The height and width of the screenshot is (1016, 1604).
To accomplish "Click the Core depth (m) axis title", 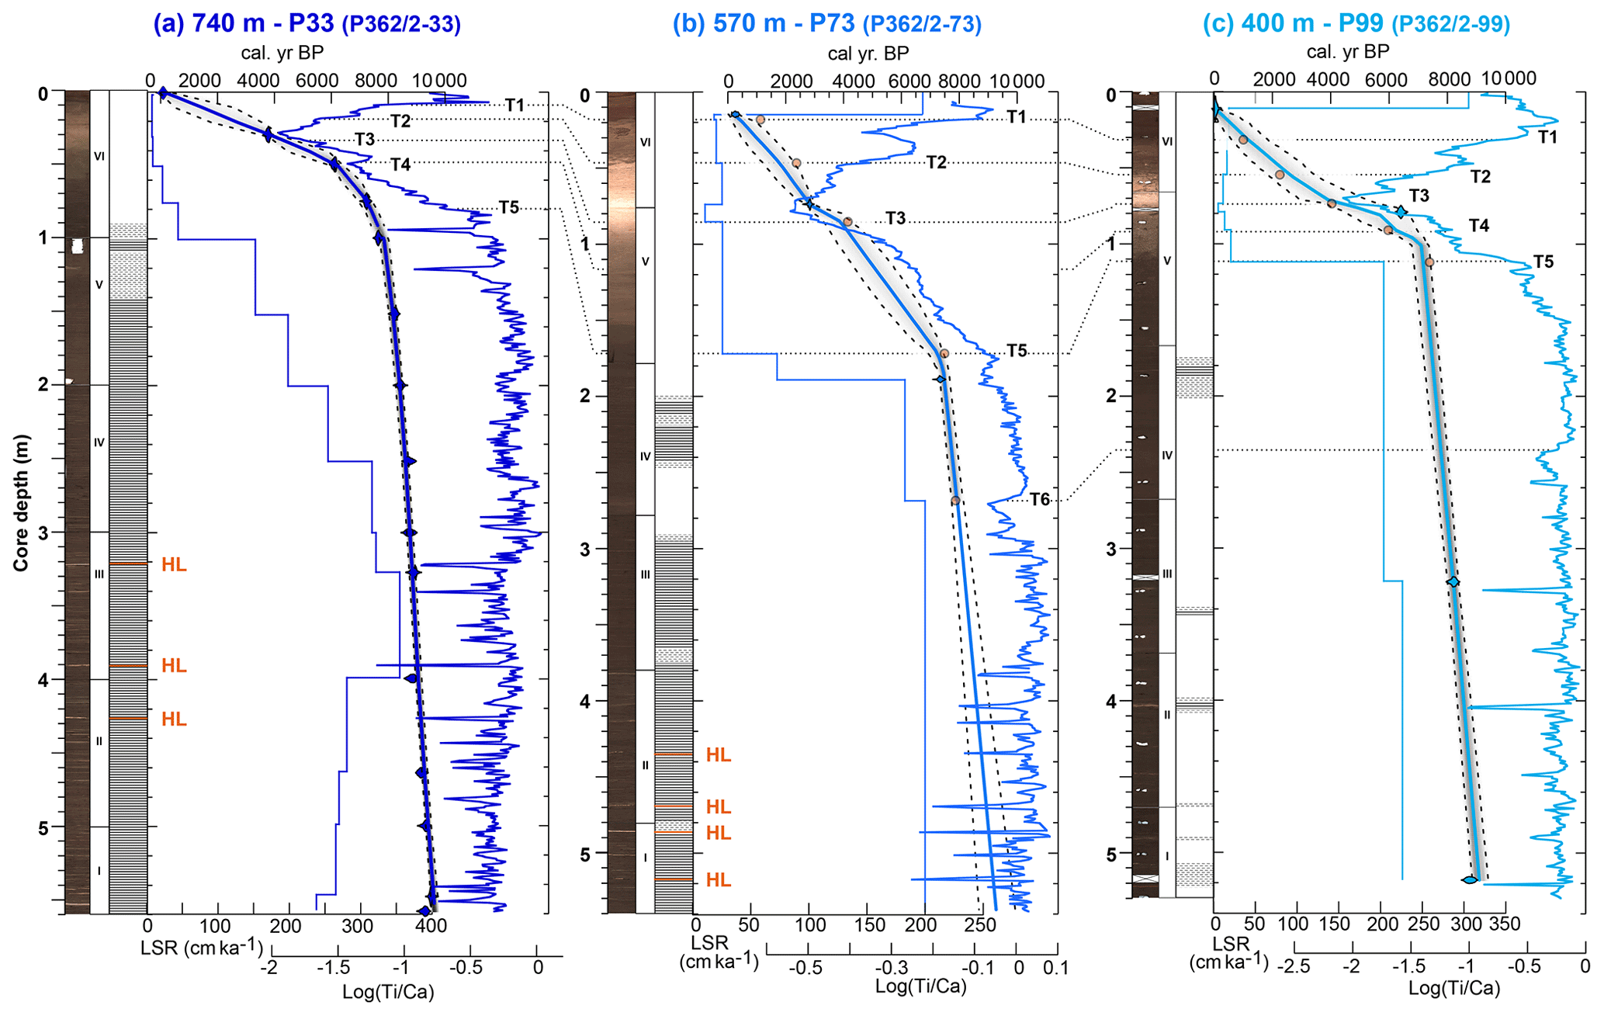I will pos(21,503).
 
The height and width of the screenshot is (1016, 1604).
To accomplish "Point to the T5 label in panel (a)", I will pos(508,207).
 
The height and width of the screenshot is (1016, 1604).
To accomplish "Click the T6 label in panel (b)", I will pos(1039,500).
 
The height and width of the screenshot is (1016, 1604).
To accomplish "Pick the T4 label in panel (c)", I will pos(1478,226).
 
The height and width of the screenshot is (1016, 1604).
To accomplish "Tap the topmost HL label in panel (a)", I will pos(174,565).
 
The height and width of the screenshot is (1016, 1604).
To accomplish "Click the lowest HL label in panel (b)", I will pos(718,880).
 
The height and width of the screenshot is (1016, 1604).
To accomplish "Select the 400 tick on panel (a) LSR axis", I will pos(430,925).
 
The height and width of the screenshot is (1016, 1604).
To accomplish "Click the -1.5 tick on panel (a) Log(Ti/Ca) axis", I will pos(337,968).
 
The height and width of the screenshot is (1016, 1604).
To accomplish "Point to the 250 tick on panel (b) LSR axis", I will pos(979,925).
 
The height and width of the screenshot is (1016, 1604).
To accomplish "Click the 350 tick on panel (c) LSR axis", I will pos(1505,924).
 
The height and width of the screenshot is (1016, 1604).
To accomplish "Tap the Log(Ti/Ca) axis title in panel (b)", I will pos(920,987).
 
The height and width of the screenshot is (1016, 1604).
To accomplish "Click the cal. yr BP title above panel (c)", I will pos(1347,52).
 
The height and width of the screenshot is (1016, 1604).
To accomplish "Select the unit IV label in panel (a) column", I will pos(99,442).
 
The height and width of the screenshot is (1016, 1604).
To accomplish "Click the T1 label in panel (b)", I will pos(1017,117).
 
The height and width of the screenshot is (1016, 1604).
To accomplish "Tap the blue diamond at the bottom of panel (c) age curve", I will pos(1469,879).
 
